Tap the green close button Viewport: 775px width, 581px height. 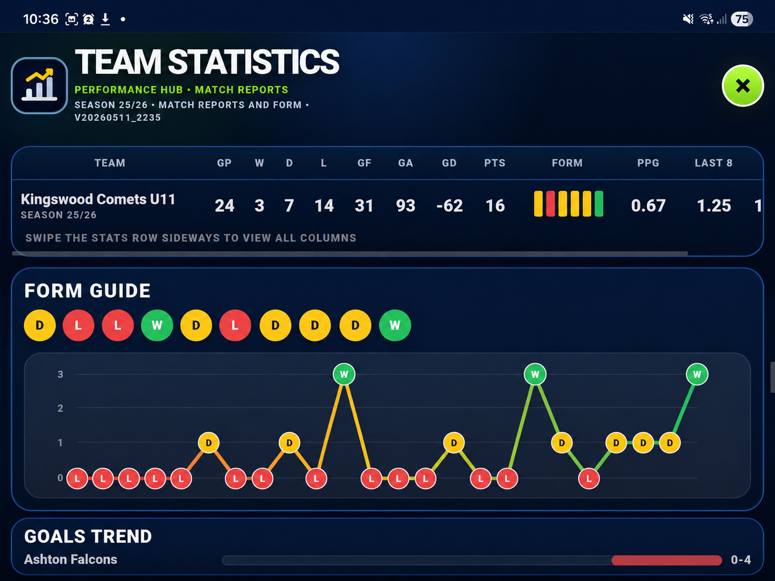coord(742,86)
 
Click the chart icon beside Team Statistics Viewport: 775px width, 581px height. coord(39,86)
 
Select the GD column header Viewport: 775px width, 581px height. coord(449,163)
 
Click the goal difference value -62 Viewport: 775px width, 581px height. coord(450,205)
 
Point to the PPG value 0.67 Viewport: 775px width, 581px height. coord(648,205)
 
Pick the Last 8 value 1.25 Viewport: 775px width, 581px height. coord(714,205)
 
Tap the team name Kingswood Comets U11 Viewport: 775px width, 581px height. coord(98,200)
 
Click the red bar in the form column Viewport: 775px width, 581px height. coord(550,203)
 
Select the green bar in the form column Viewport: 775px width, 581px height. coord(599,203)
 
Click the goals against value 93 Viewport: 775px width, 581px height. coord(406,205)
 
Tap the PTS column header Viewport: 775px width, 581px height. coord(495,163)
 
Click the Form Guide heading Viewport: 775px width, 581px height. coord(87,291)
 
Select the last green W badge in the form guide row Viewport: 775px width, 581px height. coord(395,325)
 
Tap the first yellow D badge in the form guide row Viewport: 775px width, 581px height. coord(40,325)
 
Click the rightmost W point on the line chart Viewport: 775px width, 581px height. coord(697,374)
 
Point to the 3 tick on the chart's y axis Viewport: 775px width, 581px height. coord(60,374)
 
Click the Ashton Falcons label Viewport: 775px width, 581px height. coord(71,560)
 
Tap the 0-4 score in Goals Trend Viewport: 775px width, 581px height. coord(741,560)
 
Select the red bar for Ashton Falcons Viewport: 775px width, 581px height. coord(666,560)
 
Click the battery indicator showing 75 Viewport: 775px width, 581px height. coord(742,19)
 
